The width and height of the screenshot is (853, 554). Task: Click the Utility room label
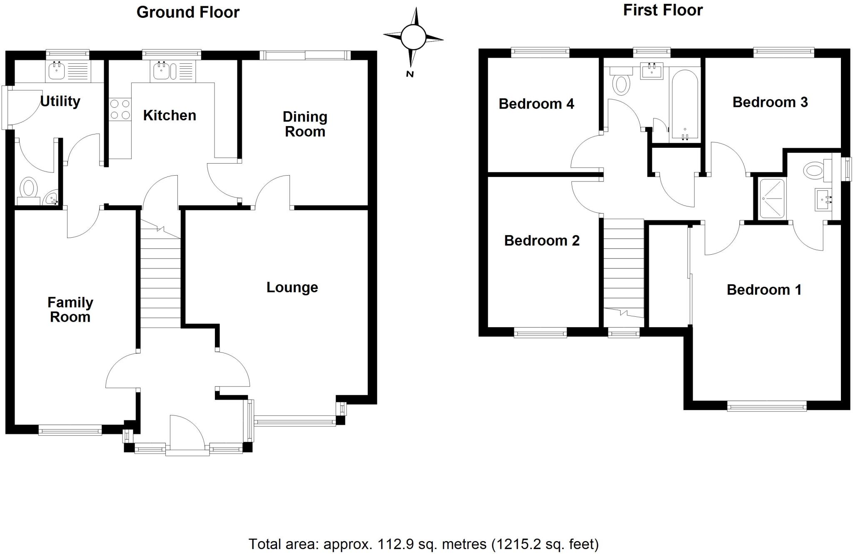[60, 101]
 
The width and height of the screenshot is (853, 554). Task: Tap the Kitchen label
[170, 115]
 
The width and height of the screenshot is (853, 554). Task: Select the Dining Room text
[305, 124]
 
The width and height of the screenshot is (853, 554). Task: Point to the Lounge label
[292, 287]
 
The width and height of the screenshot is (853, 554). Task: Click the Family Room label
[70, 310]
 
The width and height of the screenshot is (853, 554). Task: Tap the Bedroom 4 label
[536, 104]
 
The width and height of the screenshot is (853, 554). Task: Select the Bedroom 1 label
[764, 290]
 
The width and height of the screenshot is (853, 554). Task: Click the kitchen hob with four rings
[120, 109]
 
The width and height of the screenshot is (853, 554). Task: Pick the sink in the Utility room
[57, 71]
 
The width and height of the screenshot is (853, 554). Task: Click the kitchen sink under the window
[162, 71]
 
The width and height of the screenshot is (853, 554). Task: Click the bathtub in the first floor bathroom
[685, 106]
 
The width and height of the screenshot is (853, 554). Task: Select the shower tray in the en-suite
[772, 199]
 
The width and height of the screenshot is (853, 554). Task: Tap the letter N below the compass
[410, 75]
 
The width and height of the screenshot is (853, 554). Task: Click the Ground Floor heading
[188, 12]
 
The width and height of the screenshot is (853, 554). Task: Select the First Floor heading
[663, 10]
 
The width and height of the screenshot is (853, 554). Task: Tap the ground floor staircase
[160, 275]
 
